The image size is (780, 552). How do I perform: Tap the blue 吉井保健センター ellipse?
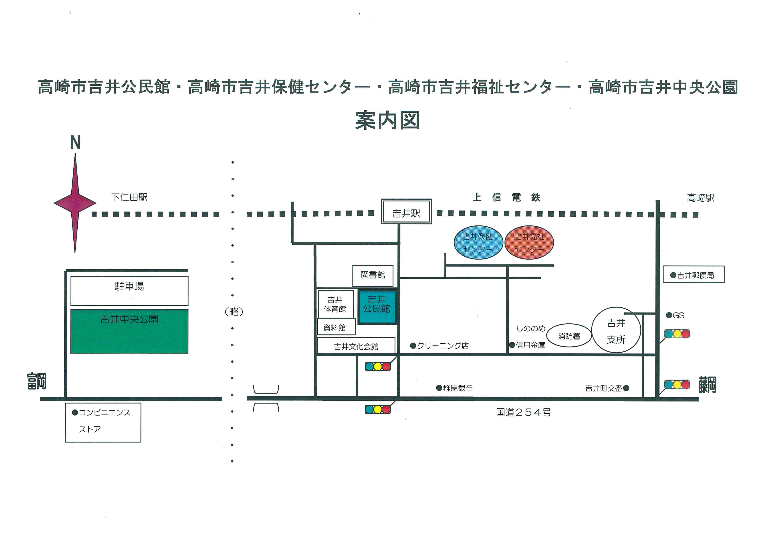(478, 243)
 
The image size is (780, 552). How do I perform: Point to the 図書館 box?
(373, 276)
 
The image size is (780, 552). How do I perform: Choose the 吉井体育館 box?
(335, 304)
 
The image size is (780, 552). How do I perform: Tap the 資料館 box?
(336, 327)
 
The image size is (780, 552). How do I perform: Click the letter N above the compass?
(75, 142)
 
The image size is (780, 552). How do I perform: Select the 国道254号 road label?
(524, 412)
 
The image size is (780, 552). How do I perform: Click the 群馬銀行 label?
(455, 388)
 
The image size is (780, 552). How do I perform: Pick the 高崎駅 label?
(701, 198)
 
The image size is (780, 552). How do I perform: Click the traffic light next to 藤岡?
(677, 384)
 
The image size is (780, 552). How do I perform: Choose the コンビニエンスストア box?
(103, 422)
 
